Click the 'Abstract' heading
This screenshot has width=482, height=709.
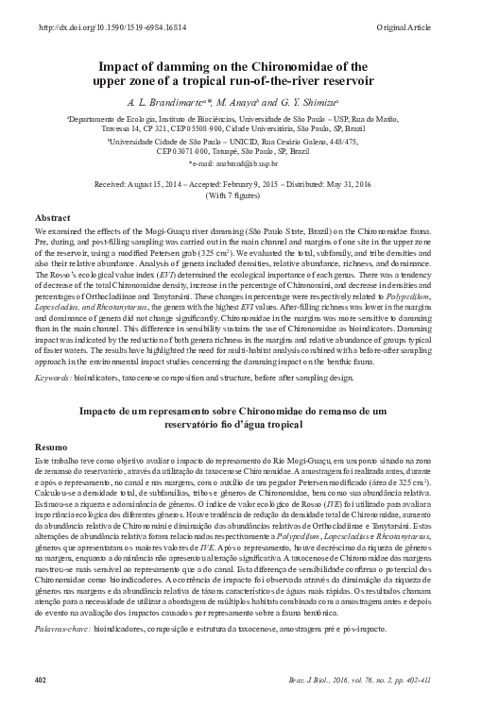[x=52, y=218]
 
